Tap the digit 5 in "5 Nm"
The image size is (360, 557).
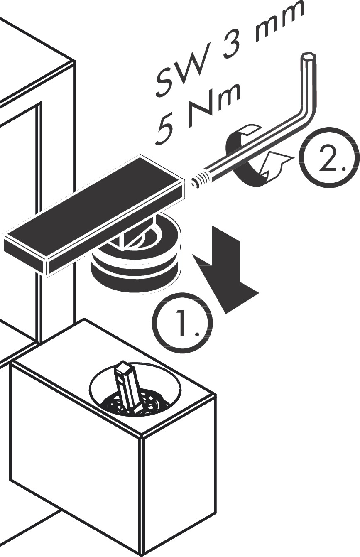click(x=167, y=127)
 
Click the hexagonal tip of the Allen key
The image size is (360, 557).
click(x=308, y=56)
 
